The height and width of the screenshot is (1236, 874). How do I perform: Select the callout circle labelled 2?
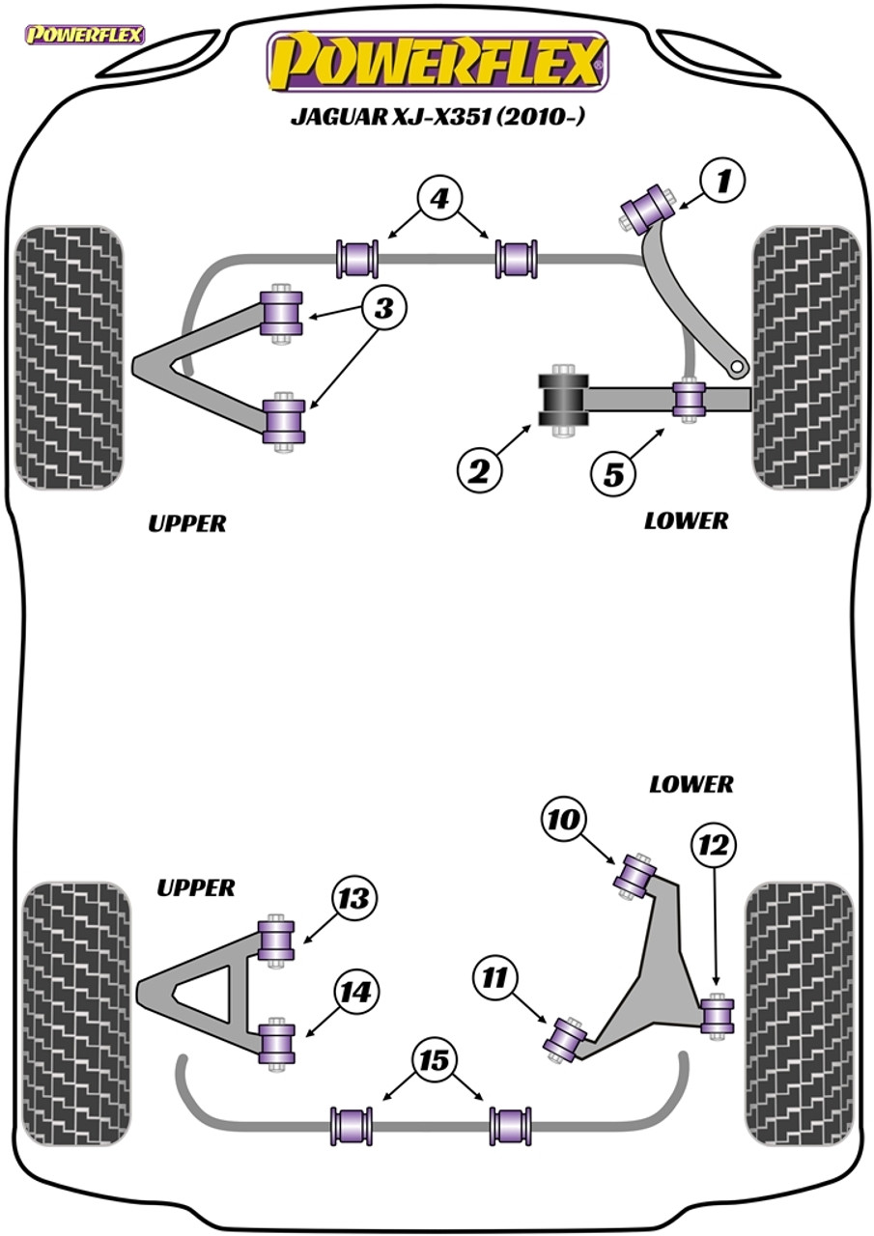click(x=479, y=469)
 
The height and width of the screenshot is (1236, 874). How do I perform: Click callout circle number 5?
click(x=614, y=474)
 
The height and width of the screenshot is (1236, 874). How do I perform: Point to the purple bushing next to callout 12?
click(x=716, y=1015)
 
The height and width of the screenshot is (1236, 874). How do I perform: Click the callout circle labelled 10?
click(x=563, y=820)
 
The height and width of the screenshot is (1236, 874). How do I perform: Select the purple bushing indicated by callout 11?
click(x=566, y=1039)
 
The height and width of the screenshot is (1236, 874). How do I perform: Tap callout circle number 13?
click(x=354, y=899)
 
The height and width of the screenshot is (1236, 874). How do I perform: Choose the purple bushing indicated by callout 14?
click(x=278, y=1041)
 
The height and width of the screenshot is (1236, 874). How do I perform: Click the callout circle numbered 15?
click(x=435, y=1060)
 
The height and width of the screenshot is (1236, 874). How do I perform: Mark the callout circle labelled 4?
click(x=438, y=200)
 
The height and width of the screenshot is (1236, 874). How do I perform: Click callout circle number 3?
click(x=384, y=309)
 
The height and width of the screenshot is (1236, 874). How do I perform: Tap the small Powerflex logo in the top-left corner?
click(x=85, y=35)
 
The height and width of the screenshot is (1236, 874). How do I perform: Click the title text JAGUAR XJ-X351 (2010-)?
click(x=437, y=117)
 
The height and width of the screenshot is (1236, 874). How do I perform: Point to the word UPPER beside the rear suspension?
click(x=195, y=887)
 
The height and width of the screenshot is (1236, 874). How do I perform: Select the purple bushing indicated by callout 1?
click(x=649, y=204)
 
